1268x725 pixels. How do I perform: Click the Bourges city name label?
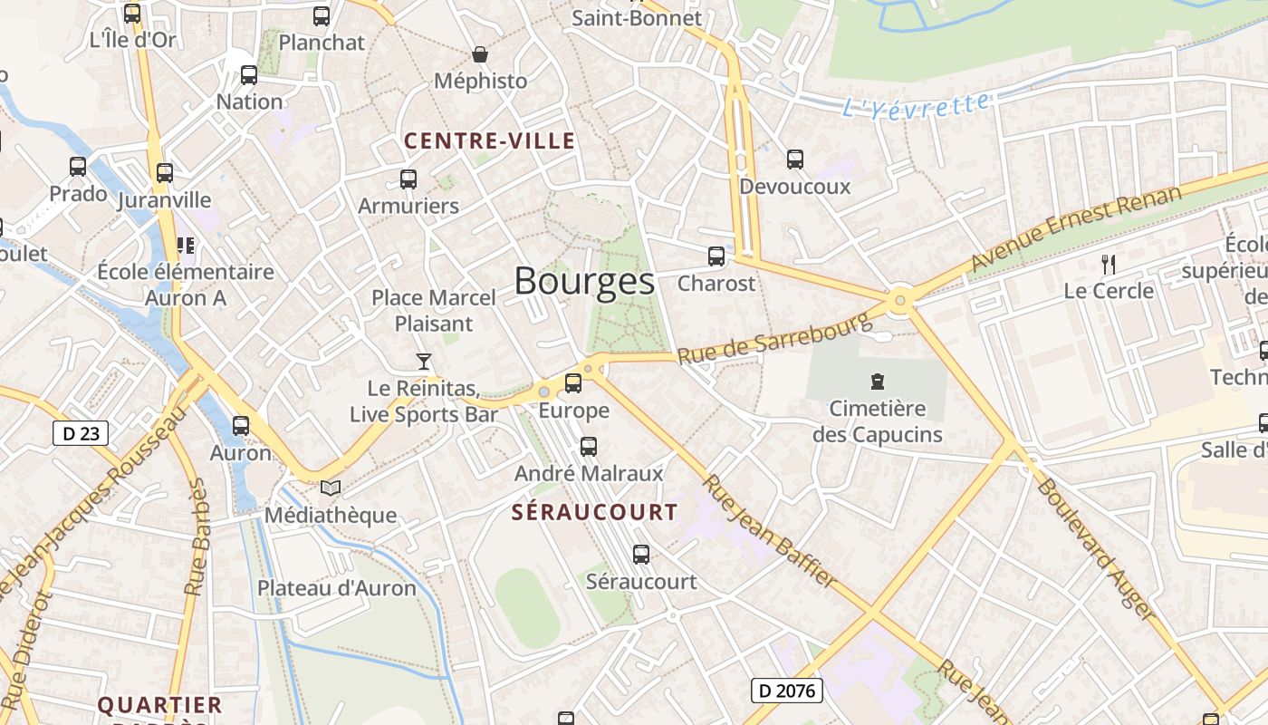click(584, 282)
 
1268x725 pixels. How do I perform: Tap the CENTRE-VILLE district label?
click(489, 140)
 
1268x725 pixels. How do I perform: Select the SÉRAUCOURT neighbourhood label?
click(594, 512)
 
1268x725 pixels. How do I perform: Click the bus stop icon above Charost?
click(716, 256)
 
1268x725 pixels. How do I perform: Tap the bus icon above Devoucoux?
click(795, 159)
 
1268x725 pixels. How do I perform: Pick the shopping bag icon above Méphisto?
click(480, 54)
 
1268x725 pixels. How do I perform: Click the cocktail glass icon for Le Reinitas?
click(423, 362)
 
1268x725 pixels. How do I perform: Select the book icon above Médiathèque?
click(331, 488)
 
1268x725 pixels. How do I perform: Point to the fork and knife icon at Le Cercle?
click(1108, 264)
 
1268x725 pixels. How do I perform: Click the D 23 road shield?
click(81, 433)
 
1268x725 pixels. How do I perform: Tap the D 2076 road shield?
click(786, 691)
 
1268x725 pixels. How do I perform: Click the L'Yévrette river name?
click(916, 105)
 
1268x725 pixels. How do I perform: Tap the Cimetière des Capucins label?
click(877, 422)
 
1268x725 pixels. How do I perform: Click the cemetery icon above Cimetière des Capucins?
click(877, 381)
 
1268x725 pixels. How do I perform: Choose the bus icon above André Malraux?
click(589, 446)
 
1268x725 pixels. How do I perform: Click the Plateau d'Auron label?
click(337, 587)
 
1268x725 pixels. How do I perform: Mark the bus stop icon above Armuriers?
click(408, 179)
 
